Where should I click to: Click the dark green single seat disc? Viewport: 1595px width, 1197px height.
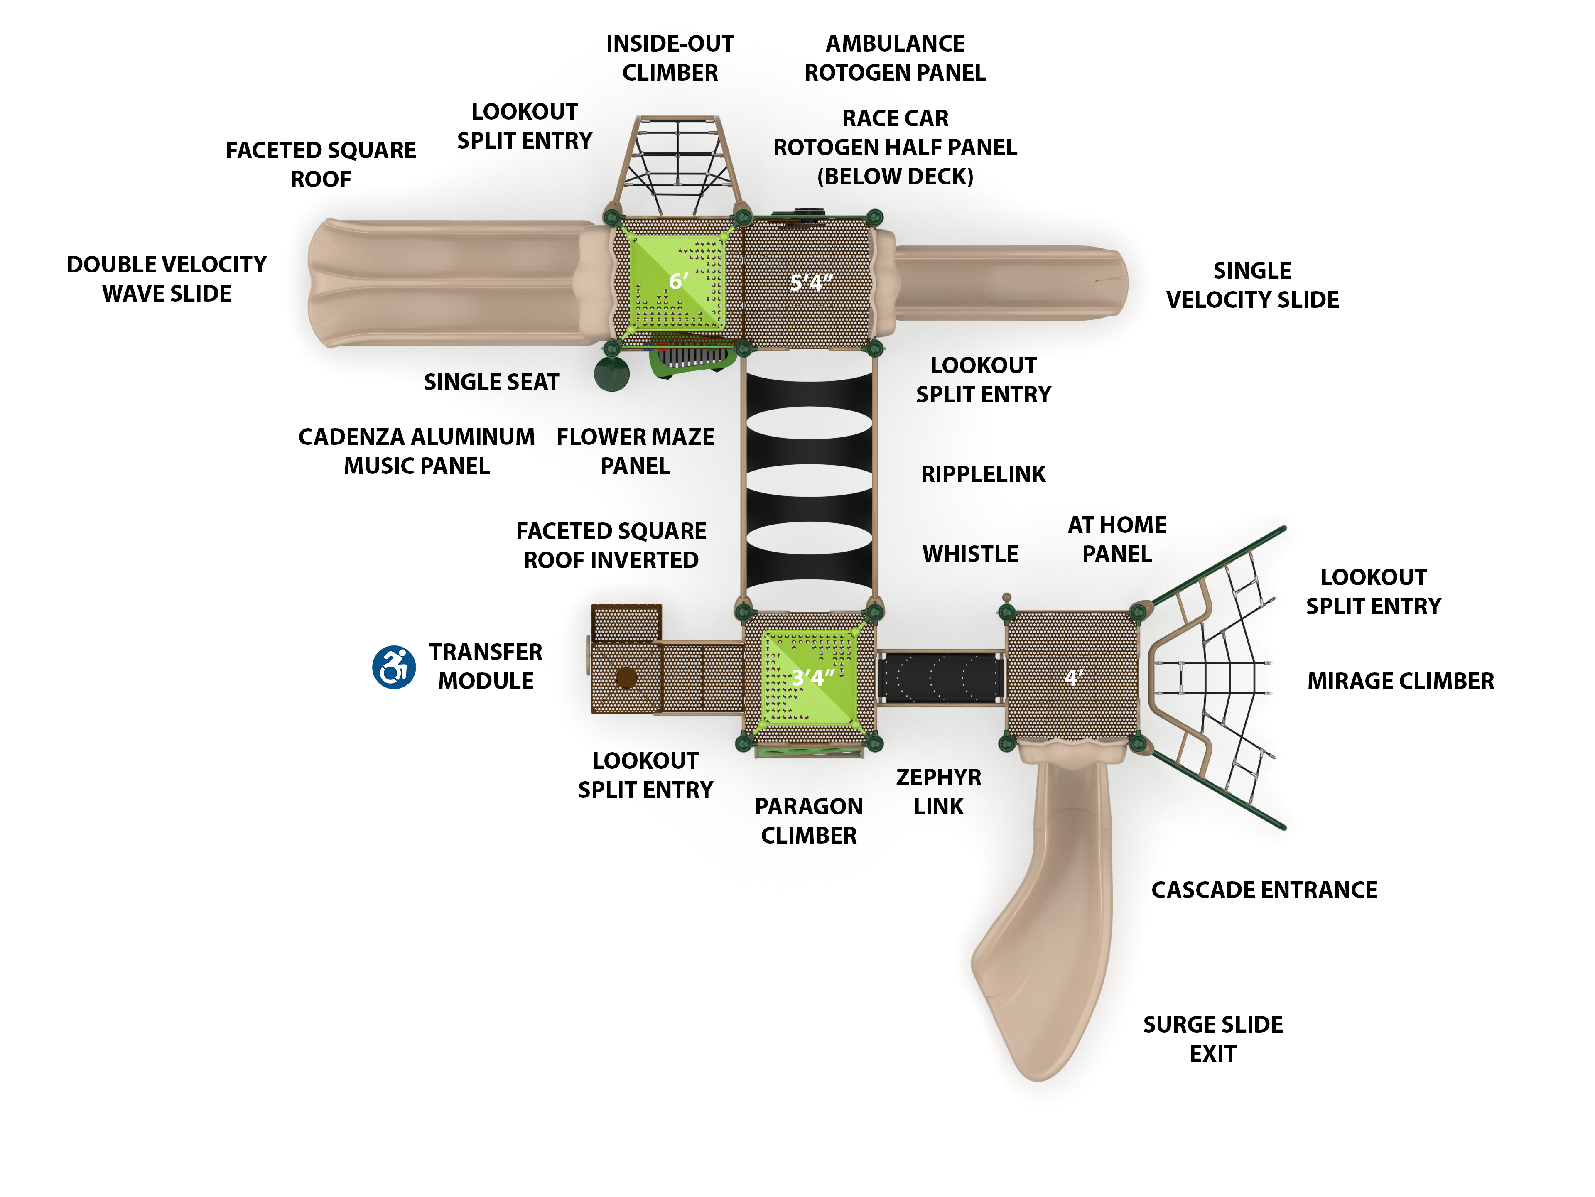[611, 373]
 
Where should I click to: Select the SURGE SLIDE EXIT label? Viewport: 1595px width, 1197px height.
[1213, 1038]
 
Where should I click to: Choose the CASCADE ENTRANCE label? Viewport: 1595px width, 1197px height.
[1264, 890]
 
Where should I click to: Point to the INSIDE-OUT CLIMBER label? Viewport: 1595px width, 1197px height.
[670, 58]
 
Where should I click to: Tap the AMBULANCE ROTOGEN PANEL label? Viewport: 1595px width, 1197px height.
[895, 58]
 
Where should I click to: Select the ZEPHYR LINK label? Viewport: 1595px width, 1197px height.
[938, 791]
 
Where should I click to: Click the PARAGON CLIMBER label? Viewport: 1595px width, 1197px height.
[808, 821]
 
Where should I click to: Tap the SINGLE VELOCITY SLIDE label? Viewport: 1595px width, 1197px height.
[1252, 285]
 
